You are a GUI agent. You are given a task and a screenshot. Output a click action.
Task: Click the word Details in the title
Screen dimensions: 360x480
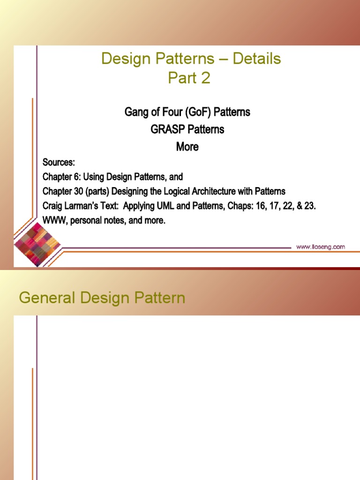click(x=256, y=59)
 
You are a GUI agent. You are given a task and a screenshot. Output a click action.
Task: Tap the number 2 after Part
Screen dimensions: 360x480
click(x=205, y=78)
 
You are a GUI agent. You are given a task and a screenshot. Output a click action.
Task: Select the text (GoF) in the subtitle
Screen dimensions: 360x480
click(x=198, y=112)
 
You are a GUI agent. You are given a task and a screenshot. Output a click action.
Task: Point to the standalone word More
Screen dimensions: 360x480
click(x=187, y=147)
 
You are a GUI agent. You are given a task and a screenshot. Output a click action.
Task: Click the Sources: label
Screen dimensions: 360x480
click(x=59, y=162)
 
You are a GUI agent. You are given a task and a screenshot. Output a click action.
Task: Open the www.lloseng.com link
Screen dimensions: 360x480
click(x=321, y=247)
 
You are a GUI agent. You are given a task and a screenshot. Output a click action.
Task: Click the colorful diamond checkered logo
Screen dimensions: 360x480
click(x=37, y=245)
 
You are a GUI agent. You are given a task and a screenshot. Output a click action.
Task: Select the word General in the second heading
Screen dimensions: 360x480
click(x=47, y=298)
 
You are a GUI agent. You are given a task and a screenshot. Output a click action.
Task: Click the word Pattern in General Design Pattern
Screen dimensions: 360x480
click(x=160, y=298)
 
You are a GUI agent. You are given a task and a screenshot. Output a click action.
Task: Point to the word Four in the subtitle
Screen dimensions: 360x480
click(x=172, y=112)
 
